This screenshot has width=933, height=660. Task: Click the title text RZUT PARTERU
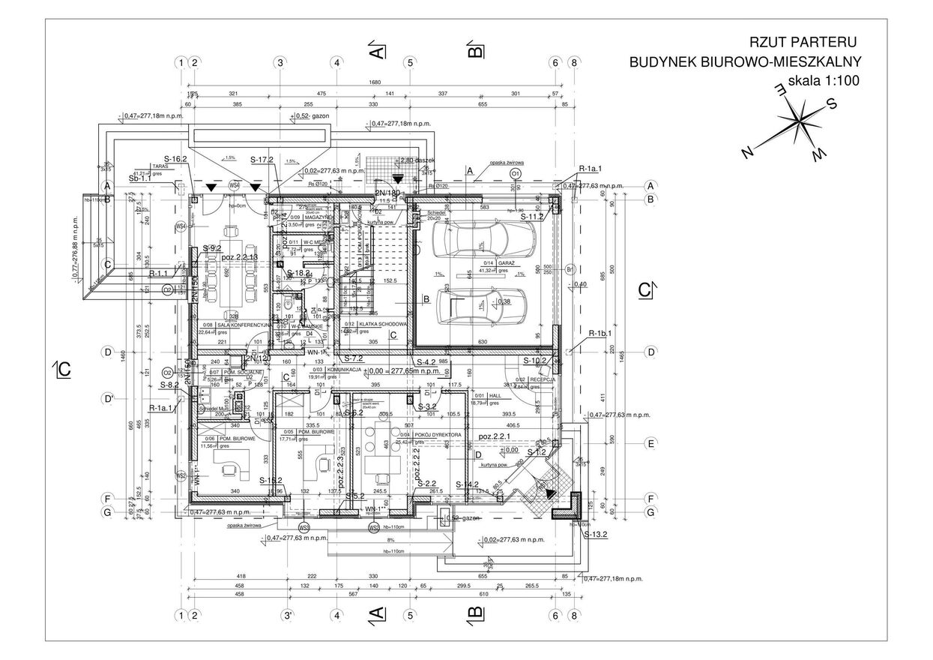click(x=803, y=42)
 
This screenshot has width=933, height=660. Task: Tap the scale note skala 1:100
click(x=823, y=81)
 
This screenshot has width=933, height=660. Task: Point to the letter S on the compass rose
click(x=830, y=105)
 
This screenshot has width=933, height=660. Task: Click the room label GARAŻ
click(x=504, y=262)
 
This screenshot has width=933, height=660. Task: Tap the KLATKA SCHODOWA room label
click(x=383, y=325)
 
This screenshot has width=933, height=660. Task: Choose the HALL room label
click(x=495, y=394)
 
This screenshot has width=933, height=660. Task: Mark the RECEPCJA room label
click(x=542, y=380)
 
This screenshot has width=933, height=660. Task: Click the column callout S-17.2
click(x=261, y=160)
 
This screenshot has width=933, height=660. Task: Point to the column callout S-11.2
click(x=531, y=217)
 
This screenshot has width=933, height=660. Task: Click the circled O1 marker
click(x=515, y=173)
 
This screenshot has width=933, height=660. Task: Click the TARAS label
click(x=157, y=166)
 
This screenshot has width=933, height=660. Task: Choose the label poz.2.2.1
click(x=495, y=436)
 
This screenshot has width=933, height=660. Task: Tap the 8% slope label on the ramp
click(x=390, y=540)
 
